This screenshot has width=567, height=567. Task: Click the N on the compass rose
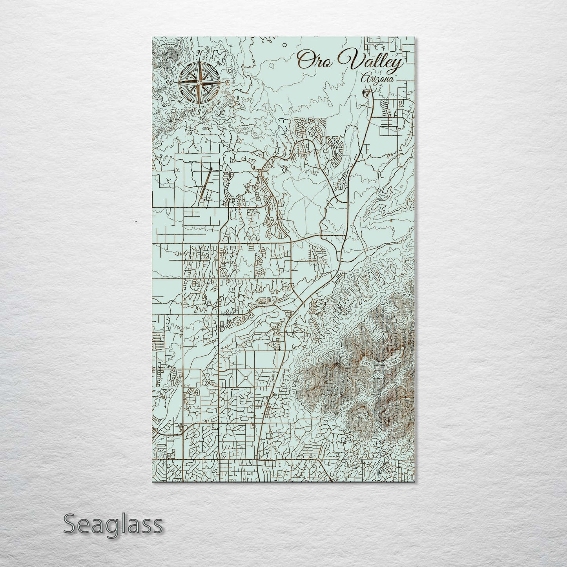[x=199, y=53]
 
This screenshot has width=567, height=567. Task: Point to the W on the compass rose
[x=171, y=83]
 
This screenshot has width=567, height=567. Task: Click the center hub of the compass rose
[x=199, y=83]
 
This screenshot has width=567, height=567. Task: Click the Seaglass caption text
[x=113, y=524]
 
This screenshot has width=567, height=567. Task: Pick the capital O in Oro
[x=303, y=60]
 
